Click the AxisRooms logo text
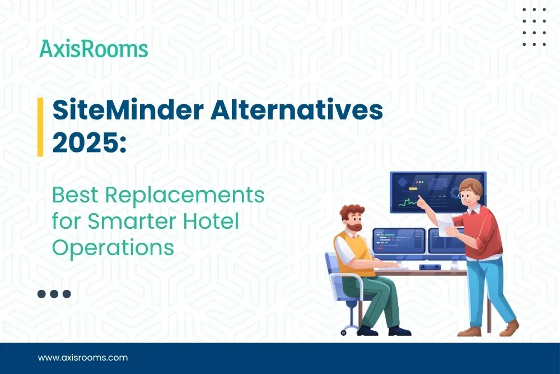point(94,49)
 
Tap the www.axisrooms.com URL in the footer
point(83,357)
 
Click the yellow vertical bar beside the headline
point(40,127)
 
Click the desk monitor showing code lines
point(399,241)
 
